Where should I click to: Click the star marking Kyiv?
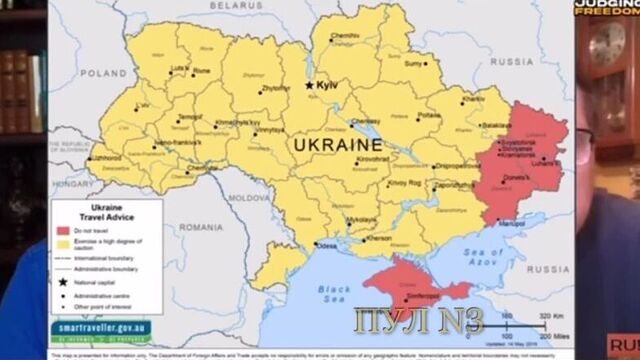click(309, 86)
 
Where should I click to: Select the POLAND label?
click(104, 73)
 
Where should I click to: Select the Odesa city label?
click(326, 245)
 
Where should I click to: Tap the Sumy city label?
click(413, 62)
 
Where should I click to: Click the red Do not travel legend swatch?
click(63, 229)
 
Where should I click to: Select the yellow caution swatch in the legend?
click(63, 242)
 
